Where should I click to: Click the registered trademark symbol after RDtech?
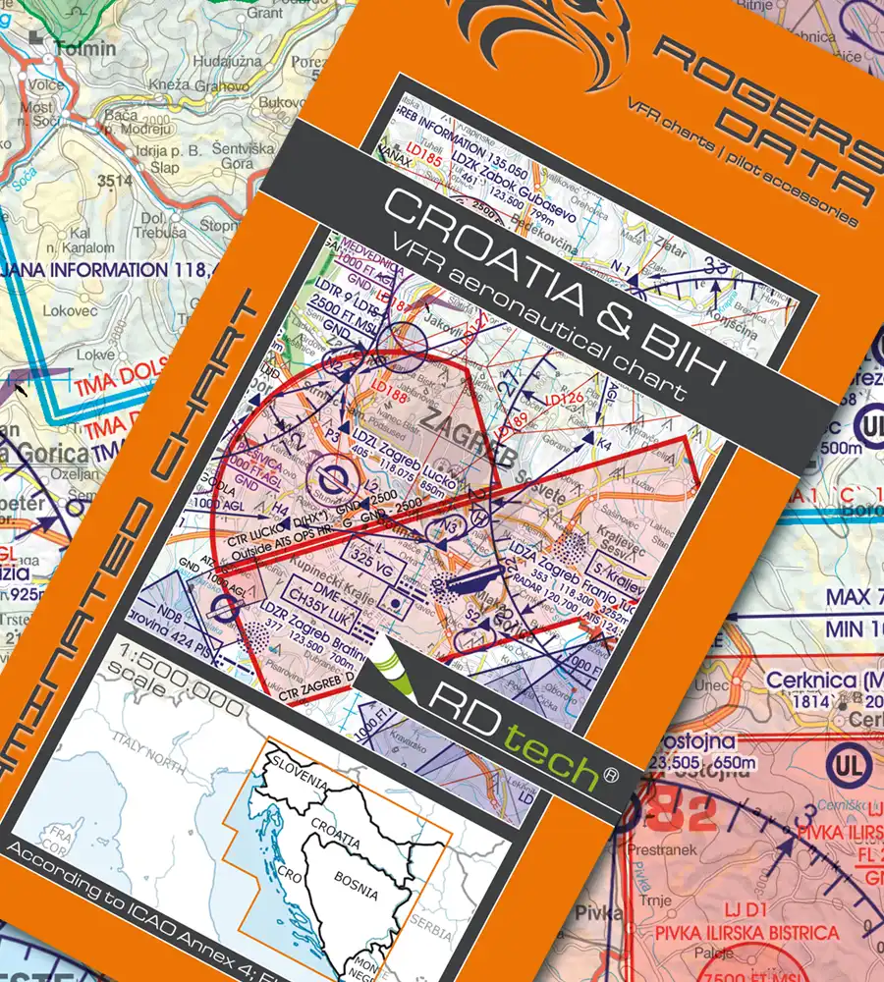point(611,775)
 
